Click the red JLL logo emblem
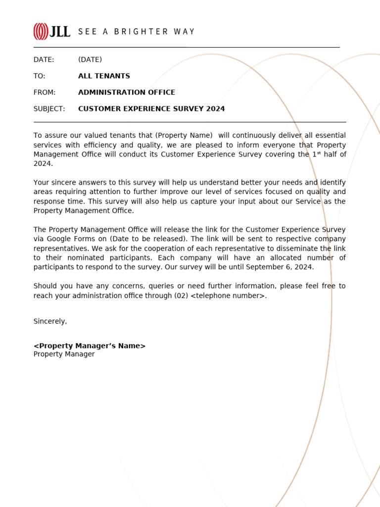(x=41, y=32)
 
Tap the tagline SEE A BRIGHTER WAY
(x=136, y=32)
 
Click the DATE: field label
(x=44, y=60)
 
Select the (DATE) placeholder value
(x=90, y=60)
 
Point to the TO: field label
(x=39, y=76)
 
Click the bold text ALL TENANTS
(x=104, y=76)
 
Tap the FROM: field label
(x=45, y=93)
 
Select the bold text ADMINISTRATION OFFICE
(x=127, y=93)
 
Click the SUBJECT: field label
(x=49, y=109)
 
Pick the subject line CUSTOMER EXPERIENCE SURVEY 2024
(x=151, y=109)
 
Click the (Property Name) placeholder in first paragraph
(x=184, y=136)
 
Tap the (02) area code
(x=181, y=296)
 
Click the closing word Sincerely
(x=50, y=321)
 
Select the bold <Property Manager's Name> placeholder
(x=90, y=346)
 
